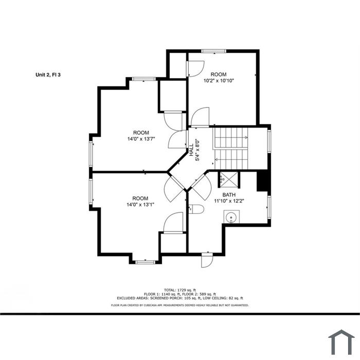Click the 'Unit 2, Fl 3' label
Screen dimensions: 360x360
tap(48, 75)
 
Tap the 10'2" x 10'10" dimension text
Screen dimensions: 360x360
tap(219, 81)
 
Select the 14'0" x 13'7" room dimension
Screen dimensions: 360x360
tap(141, 139)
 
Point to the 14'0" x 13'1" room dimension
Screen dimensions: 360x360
tap(140, 205)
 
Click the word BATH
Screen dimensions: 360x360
tap(229, 195)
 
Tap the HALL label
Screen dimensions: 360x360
tap(191, 150)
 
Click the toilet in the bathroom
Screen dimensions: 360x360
tap(196, 209)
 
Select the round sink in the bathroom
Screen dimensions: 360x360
tap(231, 217)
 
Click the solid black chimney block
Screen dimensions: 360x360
tap(262, 181)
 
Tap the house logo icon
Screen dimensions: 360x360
tap(341, 343)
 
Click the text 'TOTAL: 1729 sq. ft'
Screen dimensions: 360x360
tap(180, 290)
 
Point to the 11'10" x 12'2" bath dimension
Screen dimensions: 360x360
tap(229, 201)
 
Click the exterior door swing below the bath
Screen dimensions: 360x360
tap(207, 261)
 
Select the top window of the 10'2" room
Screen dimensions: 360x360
tap(214, 51)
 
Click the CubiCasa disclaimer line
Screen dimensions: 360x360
tap(180, 305)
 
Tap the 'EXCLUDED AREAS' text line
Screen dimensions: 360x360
tap(180, 298)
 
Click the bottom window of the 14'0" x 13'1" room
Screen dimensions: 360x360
tap(146, 262)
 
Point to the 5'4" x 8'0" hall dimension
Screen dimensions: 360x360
tap(197, 150)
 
